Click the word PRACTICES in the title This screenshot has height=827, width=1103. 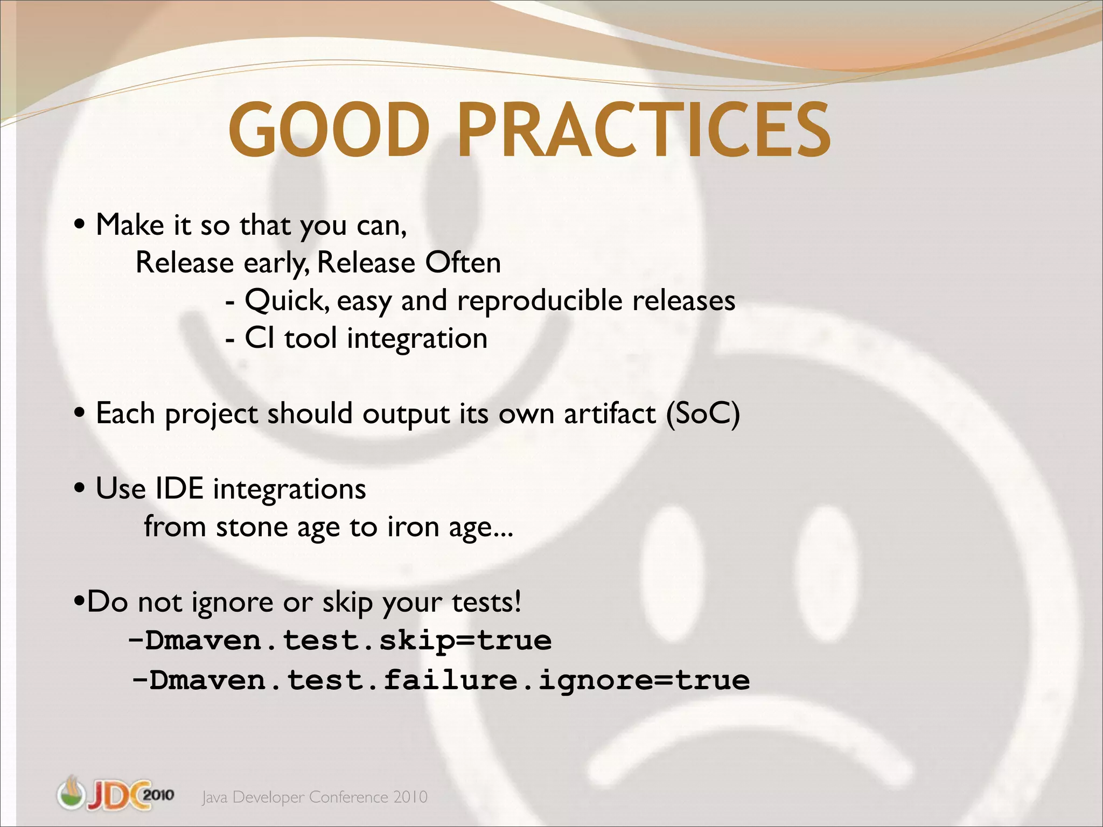pyautogui.click(x=643, y=131)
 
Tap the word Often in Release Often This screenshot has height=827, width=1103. pyautogui.click(x=463, y=263)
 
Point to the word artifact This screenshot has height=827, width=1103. pyautogui.click(x=610, y=414)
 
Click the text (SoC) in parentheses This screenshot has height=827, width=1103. pyautogui.click(x=703, y=414)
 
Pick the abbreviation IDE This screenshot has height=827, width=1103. pyautogui.click(x=179, y=489)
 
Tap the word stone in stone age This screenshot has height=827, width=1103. pyautogui.click(x=252, y=527)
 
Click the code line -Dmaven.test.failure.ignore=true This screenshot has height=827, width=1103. pyautogui.click(x=441, y=680)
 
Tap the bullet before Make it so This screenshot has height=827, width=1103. pyautogui.click(x=80, y=225)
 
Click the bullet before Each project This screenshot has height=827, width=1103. pyautogui.click(x=80, y=414)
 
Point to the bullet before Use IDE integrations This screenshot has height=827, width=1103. pyautogui.click(x=80, y=489)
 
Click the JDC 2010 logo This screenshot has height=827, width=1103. pyautogui.click(x=115, y=794)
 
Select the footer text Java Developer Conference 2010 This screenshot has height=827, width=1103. pyautogui.click(x=315, y=797)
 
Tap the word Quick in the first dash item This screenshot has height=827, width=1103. pyautogui.click(x=286, y=301)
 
